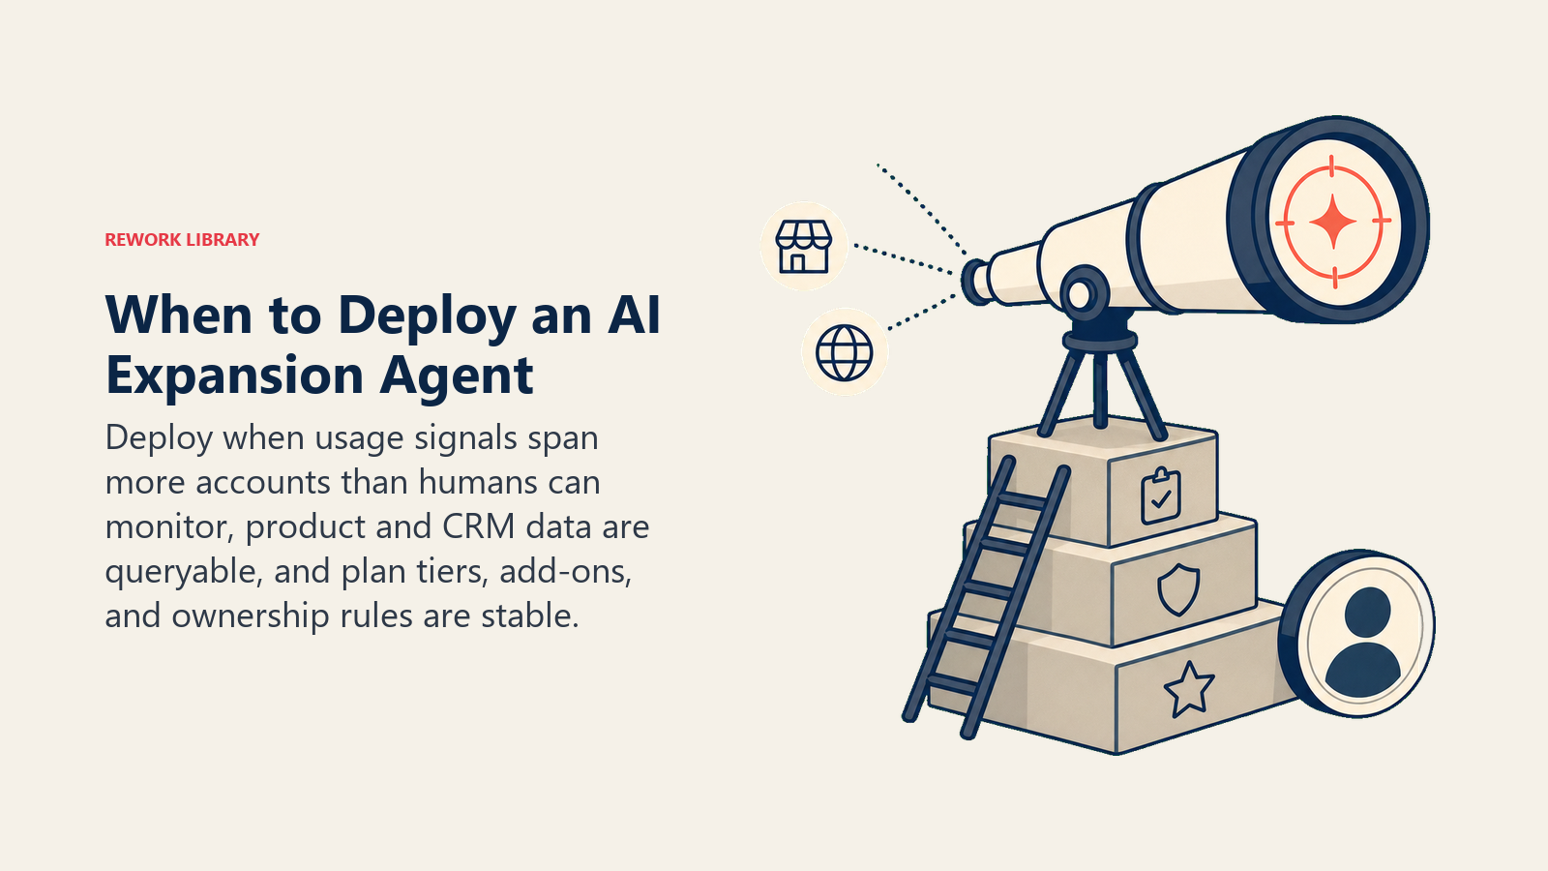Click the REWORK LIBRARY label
pyautogui.click(x=182, y=240)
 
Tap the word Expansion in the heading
pyautogui.click(x=234, y=375)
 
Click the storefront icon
pyautogui.click(x=803, y=246)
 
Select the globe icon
pyautogui.click(x=844, y=352)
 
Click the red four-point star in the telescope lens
pyautogui.click(x=1333, y=222)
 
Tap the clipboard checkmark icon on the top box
pyautogui.click(x=1161, y=496)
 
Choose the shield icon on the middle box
pyautogui.click(x=1178, y=589)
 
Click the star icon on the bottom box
pyautogui.click(x=1189, y=688)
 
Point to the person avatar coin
pyautogui.click(x=1356, y=633)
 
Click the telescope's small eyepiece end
pyautogui.click(x=976, y=282)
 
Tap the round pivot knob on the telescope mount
pyautogui.click(x=1084, y=293)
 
